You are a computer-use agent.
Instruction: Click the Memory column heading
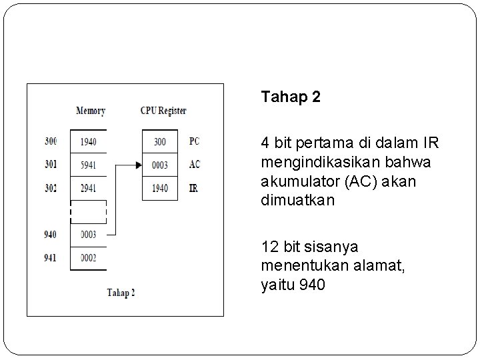91,111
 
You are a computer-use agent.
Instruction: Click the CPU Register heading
163,111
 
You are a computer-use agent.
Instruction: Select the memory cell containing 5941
88,165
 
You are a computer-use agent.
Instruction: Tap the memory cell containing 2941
88,188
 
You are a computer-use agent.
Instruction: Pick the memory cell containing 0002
88,258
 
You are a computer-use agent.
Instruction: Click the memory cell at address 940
88,235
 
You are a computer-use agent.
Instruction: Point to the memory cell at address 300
88,141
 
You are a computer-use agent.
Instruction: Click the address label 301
51,165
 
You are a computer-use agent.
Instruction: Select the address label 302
51,188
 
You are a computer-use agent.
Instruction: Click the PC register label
194,141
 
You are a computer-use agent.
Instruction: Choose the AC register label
194,165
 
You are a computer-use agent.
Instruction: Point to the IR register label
193,188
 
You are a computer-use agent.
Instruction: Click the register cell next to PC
160,141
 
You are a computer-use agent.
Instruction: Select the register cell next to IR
160,188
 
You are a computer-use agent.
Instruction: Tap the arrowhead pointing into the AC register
138,165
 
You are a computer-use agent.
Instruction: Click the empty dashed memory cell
88,211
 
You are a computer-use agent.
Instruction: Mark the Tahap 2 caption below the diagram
121,293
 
